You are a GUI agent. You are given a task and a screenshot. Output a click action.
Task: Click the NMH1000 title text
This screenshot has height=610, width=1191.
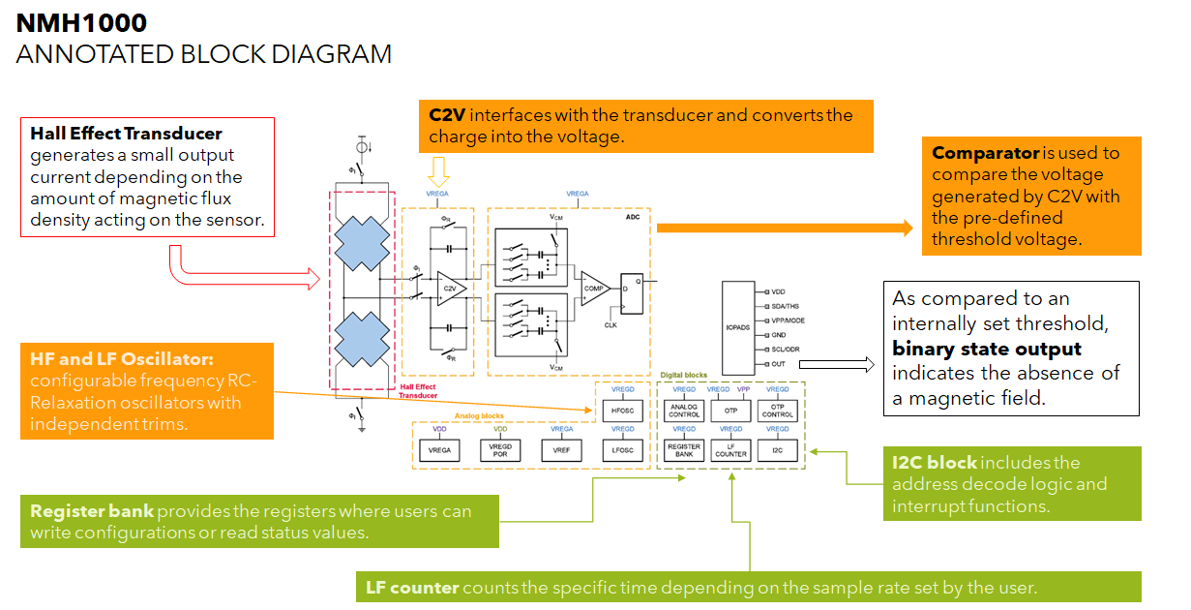[x=82, y=22]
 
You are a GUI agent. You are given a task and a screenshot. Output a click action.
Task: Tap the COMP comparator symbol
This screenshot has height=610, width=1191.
[x=593, y=289]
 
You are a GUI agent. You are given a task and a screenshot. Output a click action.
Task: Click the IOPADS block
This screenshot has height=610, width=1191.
[x=736, y=327]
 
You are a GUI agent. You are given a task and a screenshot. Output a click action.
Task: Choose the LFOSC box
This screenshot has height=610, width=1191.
[x=622, y=449]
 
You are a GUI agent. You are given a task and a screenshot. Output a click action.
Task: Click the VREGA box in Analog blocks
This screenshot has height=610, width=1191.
[x=439, y=449]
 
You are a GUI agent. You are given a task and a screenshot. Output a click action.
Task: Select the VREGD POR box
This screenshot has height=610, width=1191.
[x=499, y=449]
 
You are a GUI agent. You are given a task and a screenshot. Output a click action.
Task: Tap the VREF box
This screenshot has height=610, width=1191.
[x=561, y=449]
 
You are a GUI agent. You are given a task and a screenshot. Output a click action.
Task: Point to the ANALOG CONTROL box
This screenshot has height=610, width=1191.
[x=684, y=411]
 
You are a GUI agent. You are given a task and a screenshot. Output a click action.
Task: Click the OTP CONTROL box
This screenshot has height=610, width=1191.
[x=777, y=411]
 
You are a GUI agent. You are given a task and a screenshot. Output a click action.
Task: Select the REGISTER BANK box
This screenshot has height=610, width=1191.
[x=684, y=449]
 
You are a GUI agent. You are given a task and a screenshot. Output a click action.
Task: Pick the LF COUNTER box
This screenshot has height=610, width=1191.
[x=730, y=449]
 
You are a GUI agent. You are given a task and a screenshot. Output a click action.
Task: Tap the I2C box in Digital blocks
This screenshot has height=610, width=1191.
[x=777, y=449]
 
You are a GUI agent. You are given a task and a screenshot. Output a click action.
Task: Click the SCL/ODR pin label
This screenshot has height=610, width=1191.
[x=787, y=350]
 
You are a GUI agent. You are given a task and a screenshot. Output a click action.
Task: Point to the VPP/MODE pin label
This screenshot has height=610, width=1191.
[x=789, y=320]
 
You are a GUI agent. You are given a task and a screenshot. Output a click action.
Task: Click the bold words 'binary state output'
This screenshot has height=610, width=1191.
[x=987, y=349]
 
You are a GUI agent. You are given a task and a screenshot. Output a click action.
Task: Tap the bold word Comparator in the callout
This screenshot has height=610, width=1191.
[x=985, y=153]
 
